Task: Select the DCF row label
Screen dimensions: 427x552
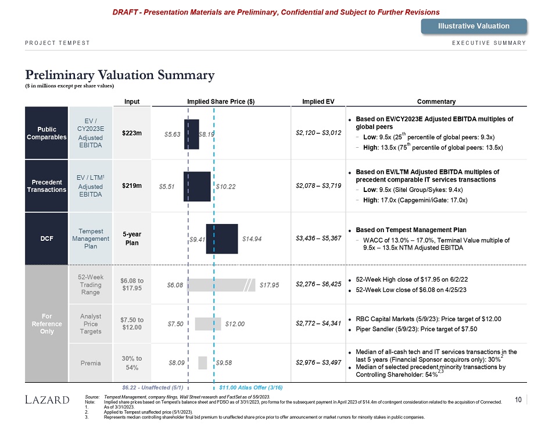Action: click(x=46, y=239)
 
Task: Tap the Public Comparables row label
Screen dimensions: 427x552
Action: click(x=46, y=133)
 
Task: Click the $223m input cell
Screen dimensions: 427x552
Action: click(x=132, y=133)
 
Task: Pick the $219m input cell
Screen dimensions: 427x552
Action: click(x=132, y=186)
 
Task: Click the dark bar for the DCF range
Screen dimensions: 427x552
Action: click(x=222, y=239)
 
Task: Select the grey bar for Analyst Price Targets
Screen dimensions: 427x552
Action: click(x=208, y=323)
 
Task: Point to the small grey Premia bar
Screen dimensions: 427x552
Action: click(x=202, y=362)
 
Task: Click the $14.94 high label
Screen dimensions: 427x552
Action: click(x=253, y=239)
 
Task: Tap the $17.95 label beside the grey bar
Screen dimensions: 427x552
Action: click(x=270, y=285)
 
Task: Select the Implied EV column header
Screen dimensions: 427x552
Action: click(x=318, y=101)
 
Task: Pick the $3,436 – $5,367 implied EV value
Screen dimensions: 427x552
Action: click(x=318, y=239)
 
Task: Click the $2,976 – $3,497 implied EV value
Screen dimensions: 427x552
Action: click(x=318, y=362)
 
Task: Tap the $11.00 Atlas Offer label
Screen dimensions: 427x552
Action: click(x=250, y=387)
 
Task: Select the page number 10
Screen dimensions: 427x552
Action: click(x=518, y=399)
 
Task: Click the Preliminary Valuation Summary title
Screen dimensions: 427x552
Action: click(x=120, y=76)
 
